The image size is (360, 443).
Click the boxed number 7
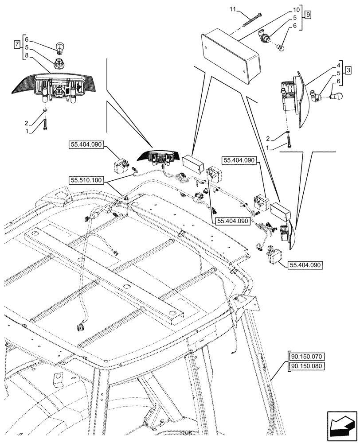(17, 44)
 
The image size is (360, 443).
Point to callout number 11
(234, 9)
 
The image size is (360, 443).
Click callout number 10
(296, 9)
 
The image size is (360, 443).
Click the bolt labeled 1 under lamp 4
(288, 143)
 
